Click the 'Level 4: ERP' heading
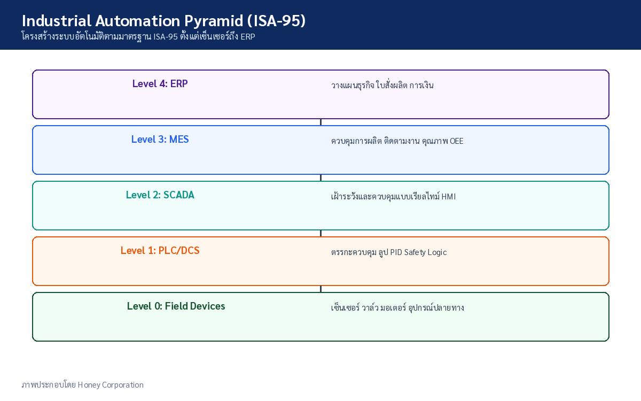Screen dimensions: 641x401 coord(160,83)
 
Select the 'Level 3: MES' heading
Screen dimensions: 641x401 coord(160,139)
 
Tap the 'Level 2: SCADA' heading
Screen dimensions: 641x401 coord(160,195)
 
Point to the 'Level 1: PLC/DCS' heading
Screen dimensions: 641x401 coord(160,250)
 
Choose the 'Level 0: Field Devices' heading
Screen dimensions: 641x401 coord(176,306)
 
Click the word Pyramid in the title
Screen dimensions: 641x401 coord(214,21)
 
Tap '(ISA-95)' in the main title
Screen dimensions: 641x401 coord(276,21)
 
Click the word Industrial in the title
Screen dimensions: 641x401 coord(57,21)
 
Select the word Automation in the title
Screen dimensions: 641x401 coord(138,21)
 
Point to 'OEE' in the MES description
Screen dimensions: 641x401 coord(456,141)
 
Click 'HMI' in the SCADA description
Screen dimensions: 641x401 coord(448,197)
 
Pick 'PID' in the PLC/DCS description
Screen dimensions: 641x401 coord(396,252)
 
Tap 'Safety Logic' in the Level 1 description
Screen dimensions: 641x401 coord(425,252)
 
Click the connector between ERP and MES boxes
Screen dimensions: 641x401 coord(321,122)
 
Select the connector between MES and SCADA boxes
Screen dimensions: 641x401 coord(321,178)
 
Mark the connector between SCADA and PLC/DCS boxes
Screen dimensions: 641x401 coord(321,233)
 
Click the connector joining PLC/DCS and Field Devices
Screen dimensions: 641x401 coord(321,289)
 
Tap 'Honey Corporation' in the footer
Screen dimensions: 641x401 coord(111,384)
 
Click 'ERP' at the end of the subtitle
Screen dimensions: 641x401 coord(248,37)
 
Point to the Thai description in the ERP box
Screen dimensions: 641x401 coord(382,85)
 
